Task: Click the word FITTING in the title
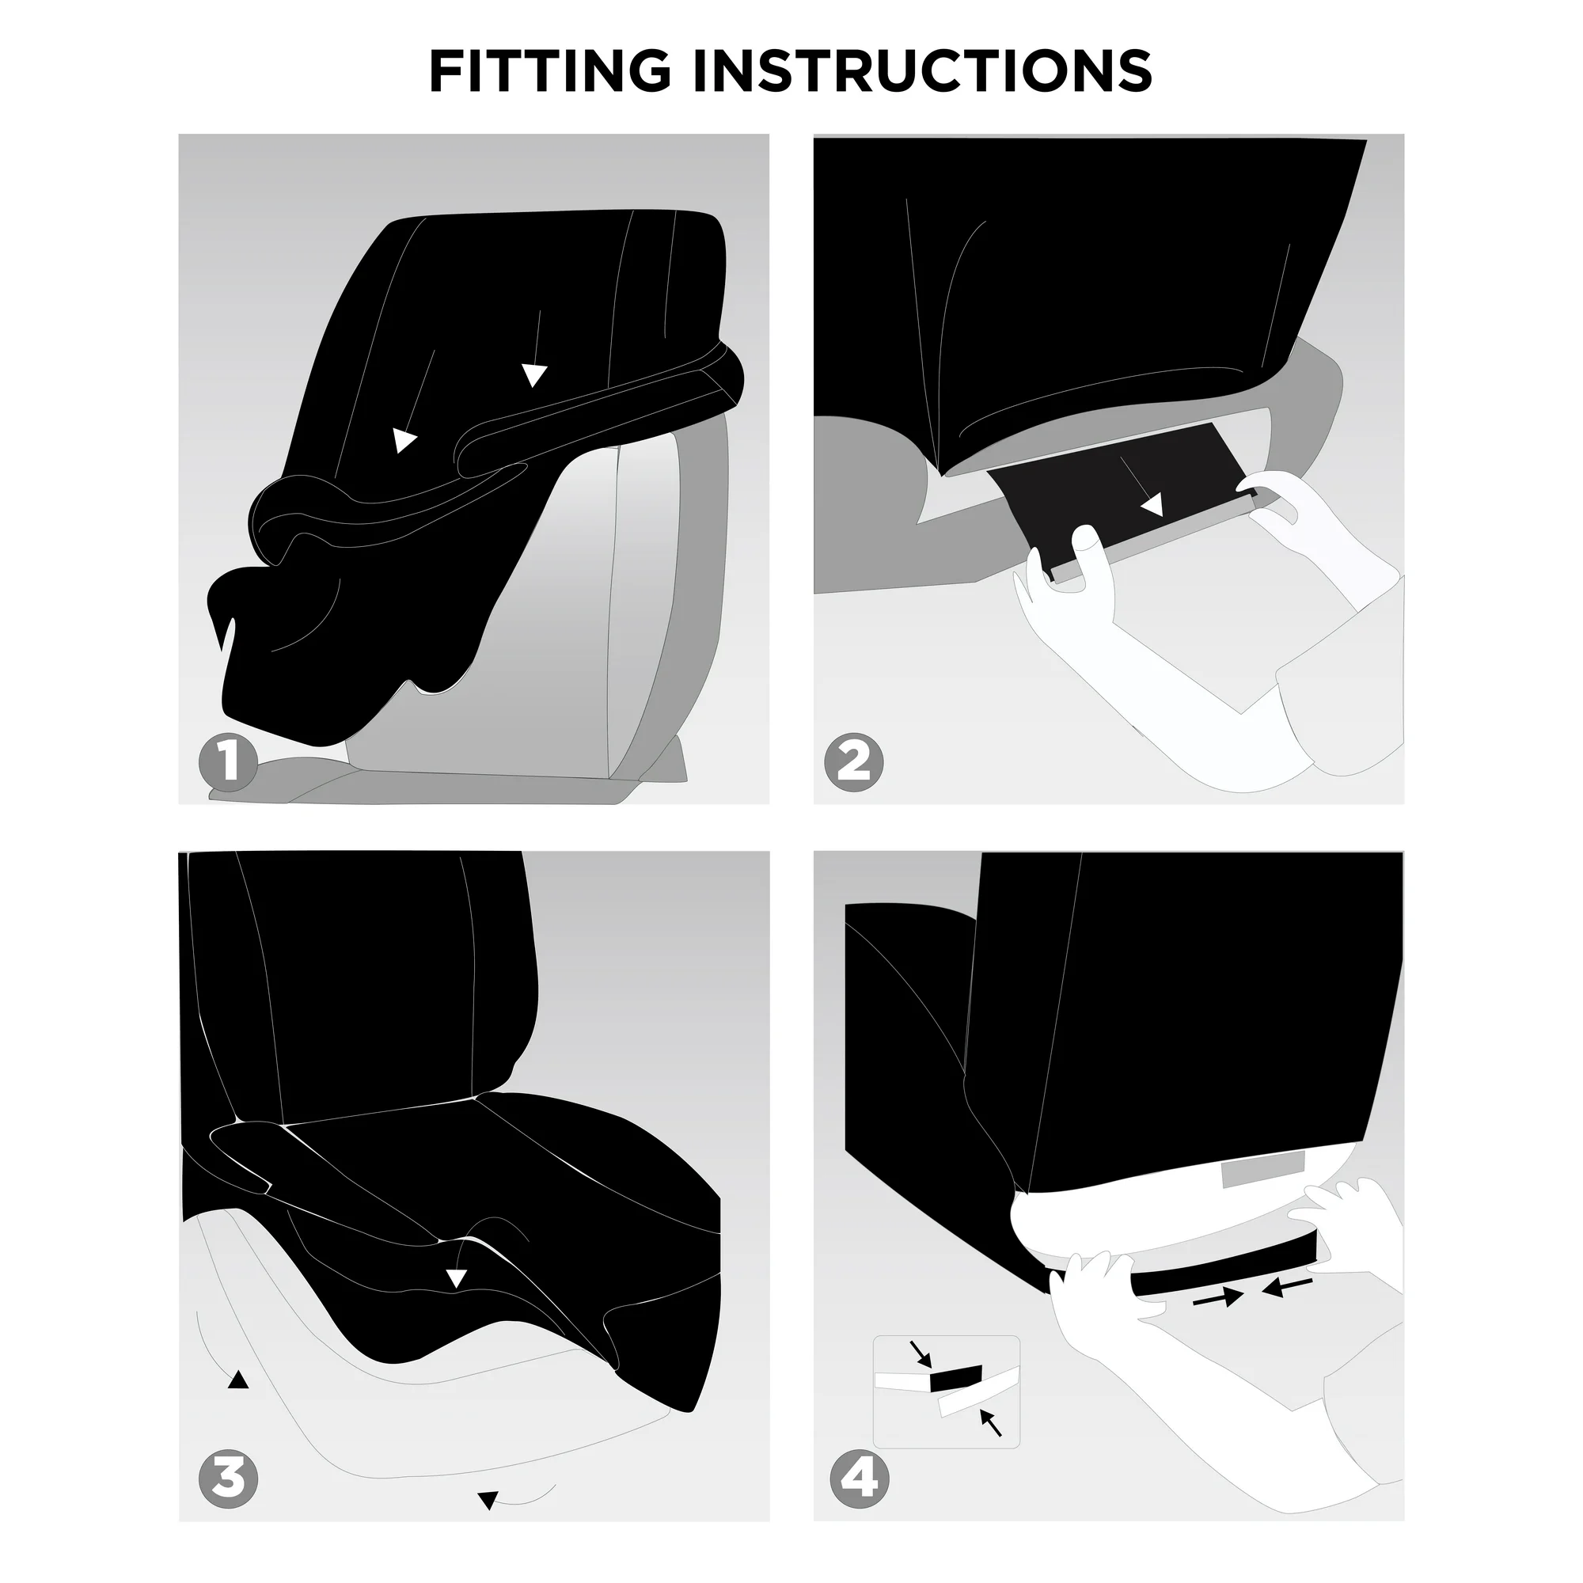click(550, 70)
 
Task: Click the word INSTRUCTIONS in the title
click(924, 70)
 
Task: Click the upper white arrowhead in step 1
click(534, 375)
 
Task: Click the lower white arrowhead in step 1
click(403, 441)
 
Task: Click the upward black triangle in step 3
click(237, 1380)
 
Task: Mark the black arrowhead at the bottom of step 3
click(487, 1501)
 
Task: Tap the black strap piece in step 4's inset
click(956, 1381)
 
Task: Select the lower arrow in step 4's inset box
click(990, 1422)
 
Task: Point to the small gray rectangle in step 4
click(1262, 1169)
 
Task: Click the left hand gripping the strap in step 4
click(1102, 1303)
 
